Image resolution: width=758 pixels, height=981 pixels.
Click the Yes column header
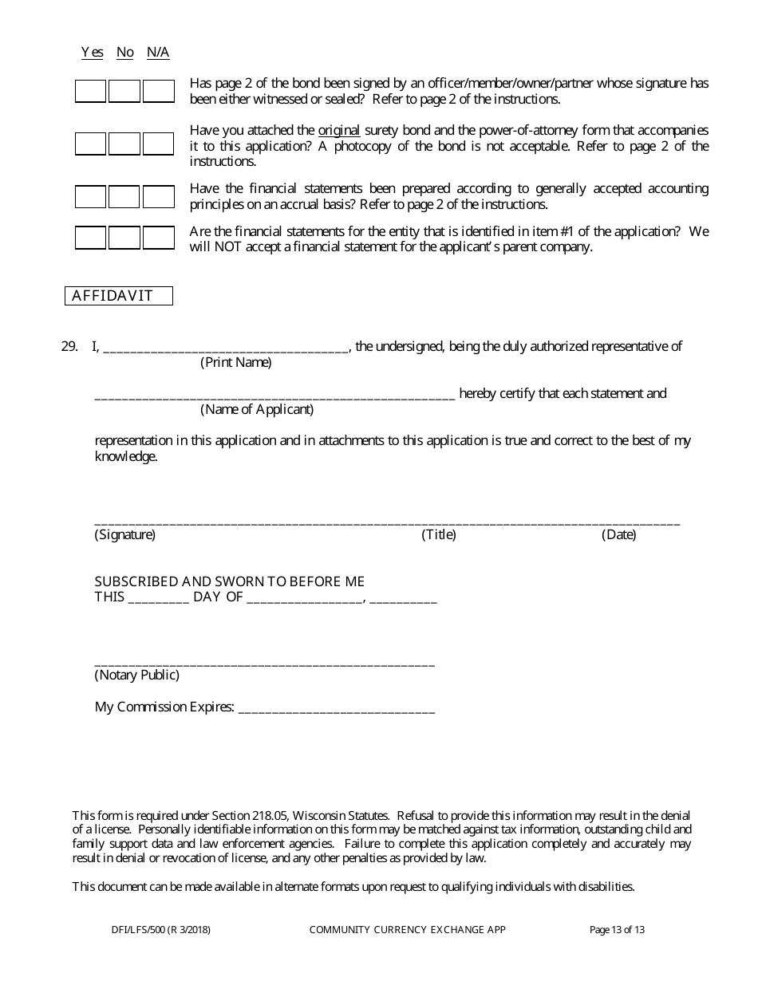(x=92, y=53)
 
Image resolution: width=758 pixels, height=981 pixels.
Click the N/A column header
(x=158, y=53)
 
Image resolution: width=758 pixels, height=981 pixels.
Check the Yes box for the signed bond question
(x=90, y=92)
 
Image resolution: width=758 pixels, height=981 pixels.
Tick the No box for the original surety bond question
(x=124, y=144)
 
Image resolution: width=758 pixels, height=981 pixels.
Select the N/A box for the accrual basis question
(x=159, y=197)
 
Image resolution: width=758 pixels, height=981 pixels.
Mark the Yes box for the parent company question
(x=90, y=238)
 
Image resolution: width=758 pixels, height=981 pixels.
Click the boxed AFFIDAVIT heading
(x=118, y=296)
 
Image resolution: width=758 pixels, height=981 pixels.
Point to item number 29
(x=69, y=346)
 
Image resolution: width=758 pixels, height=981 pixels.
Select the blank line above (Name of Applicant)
(x=274, y=396)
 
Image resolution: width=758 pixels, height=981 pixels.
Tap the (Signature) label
(x=125, y=534)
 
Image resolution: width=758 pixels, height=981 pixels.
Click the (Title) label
(x=439, y=534)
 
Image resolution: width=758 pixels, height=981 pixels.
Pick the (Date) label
(x=619, y=534)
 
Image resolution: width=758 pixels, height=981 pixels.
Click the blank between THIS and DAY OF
(x=158, y=599)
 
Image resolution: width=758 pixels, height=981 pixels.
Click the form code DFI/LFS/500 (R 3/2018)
(x=161, y=929)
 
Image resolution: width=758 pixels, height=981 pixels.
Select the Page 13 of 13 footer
(x=617, y=929)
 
